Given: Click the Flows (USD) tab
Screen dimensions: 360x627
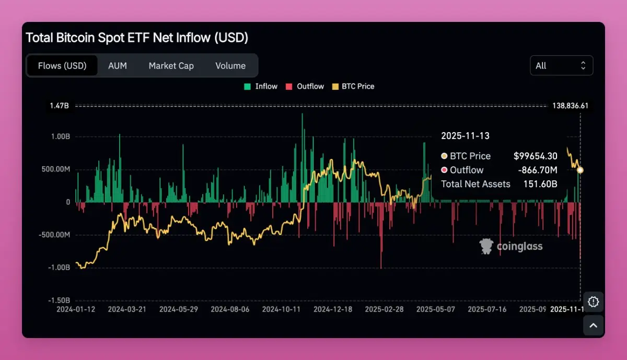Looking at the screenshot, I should pos(62,66).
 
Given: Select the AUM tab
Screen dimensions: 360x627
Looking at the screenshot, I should pos(118,66).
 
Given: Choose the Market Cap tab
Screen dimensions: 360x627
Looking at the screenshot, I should pos(171,66).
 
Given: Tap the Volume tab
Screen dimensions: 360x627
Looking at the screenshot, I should pos(230,66).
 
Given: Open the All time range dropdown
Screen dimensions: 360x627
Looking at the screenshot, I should pos(561,65).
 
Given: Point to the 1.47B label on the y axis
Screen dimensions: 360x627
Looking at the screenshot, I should pos(60,106).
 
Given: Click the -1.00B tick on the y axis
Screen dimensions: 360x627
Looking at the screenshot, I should pos(59,268).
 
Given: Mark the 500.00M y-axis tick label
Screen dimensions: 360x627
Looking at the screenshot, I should pos(54,169).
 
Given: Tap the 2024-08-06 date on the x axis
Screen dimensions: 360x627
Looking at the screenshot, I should pos(230,309).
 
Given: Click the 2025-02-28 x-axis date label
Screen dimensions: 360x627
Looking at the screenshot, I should pos(384,309).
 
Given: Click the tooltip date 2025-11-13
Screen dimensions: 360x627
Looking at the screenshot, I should pos(465,136).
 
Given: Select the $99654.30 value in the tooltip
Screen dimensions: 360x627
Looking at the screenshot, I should pos(535,156).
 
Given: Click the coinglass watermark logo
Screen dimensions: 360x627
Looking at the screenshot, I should pos(511,246).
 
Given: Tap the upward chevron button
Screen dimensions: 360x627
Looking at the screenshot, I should pos(593,326).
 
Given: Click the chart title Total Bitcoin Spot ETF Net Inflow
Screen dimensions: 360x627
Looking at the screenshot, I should pos(137,38).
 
